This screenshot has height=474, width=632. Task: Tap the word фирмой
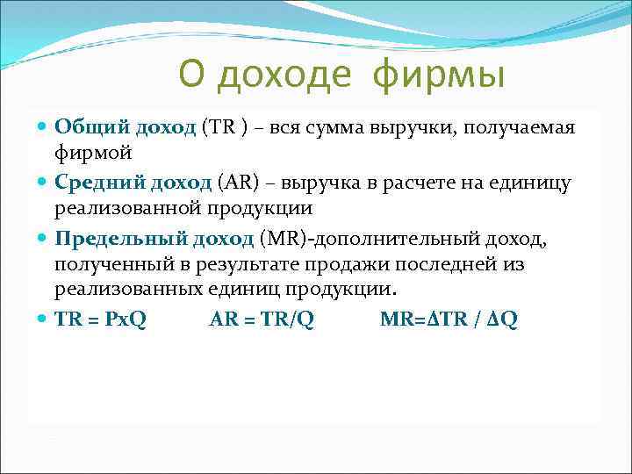93,154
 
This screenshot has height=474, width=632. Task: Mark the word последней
413,264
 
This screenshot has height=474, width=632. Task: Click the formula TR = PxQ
101,319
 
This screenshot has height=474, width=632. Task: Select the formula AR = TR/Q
262,319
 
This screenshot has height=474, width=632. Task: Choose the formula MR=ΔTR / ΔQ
449,319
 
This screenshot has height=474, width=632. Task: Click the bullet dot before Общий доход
43,128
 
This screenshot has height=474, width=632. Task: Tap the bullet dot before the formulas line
43,320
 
